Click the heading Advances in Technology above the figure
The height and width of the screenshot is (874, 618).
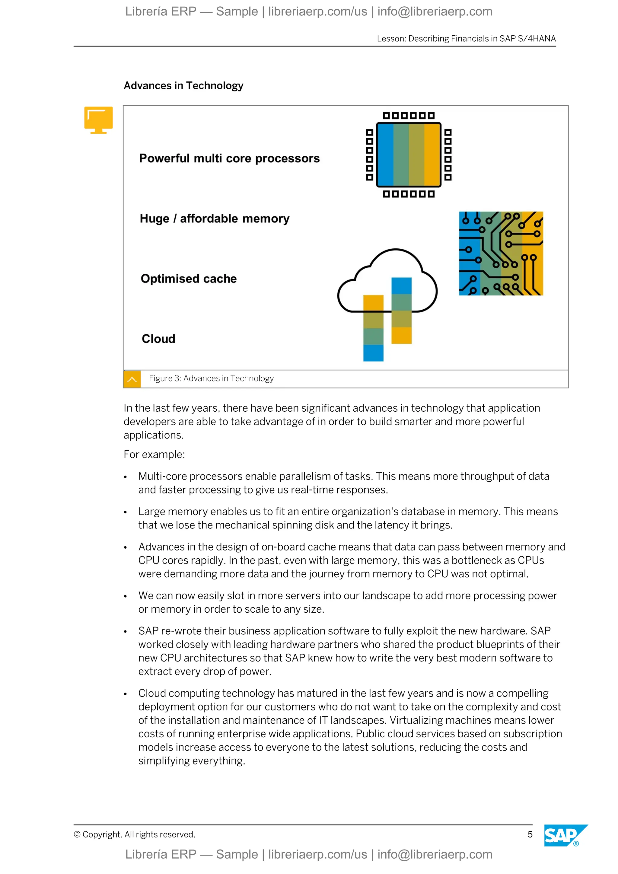click(183, 86)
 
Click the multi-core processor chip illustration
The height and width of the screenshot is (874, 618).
click(409, 155)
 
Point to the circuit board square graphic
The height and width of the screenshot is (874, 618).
click(501, 254)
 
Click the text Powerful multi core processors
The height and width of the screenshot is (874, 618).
click(229, 158)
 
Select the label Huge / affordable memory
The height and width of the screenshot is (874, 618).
click(215, 218)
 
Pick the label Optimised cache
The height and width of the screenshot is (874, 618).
click(189, 279)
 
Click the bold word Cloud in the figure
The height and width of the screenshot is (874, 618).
click(158, 339)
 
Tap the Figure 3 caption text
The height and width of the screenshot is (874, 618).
click(211, 378)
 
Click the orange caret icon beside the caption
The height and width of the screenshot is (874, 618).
click(132, 379)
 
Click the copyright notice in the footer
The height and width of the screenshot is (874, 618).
click(134, 834)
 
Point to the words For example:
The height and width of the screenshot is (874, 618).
click(154, 455)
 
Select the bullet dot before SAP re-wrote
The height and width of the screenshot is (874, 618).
click(126, 632)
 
